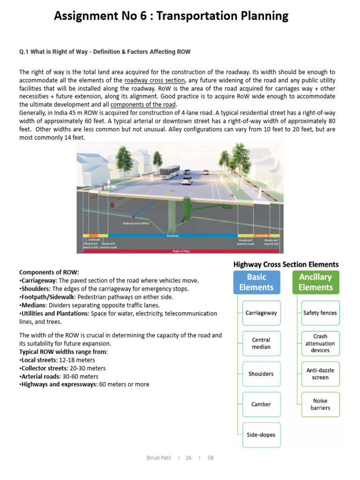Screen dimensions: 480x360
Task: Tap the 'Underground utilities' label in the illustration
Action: pos(136,223)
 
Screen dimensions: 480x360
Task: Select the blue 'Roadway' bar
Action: pos(172,236)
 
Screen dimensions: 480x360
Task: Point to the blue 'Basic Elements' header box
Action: pos(256,282)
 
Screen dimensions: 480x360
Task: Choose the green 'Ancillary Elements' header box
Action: pos(315,282)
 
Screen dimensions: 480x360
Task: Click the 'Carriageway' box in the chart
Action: pos(262,313)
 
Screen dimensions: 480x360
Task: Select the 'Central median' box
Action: pos(262,343)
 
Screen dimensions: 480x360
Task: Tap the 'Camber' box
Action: pos(262,404)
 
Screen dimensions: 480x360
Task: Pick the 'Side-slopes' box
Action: pos(262,435)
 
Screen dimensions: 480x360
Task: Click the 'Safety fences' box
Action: pos(320,313)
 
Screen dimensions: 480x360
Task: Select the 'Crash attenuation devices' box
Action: pos(320,343)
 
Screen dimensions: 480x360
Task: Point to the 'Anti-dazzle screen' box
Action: pos(320,374)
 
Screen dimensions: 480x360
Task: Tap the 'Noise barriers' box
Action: pos(320,404)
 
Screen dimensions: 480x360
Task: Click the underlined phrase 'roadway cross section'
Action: pos(155,80)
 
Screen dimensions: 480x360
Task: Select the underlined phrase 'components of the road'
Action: pos(143,104)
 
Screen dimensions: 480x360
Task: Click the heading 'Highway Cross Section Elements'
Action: pos(286,264)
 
